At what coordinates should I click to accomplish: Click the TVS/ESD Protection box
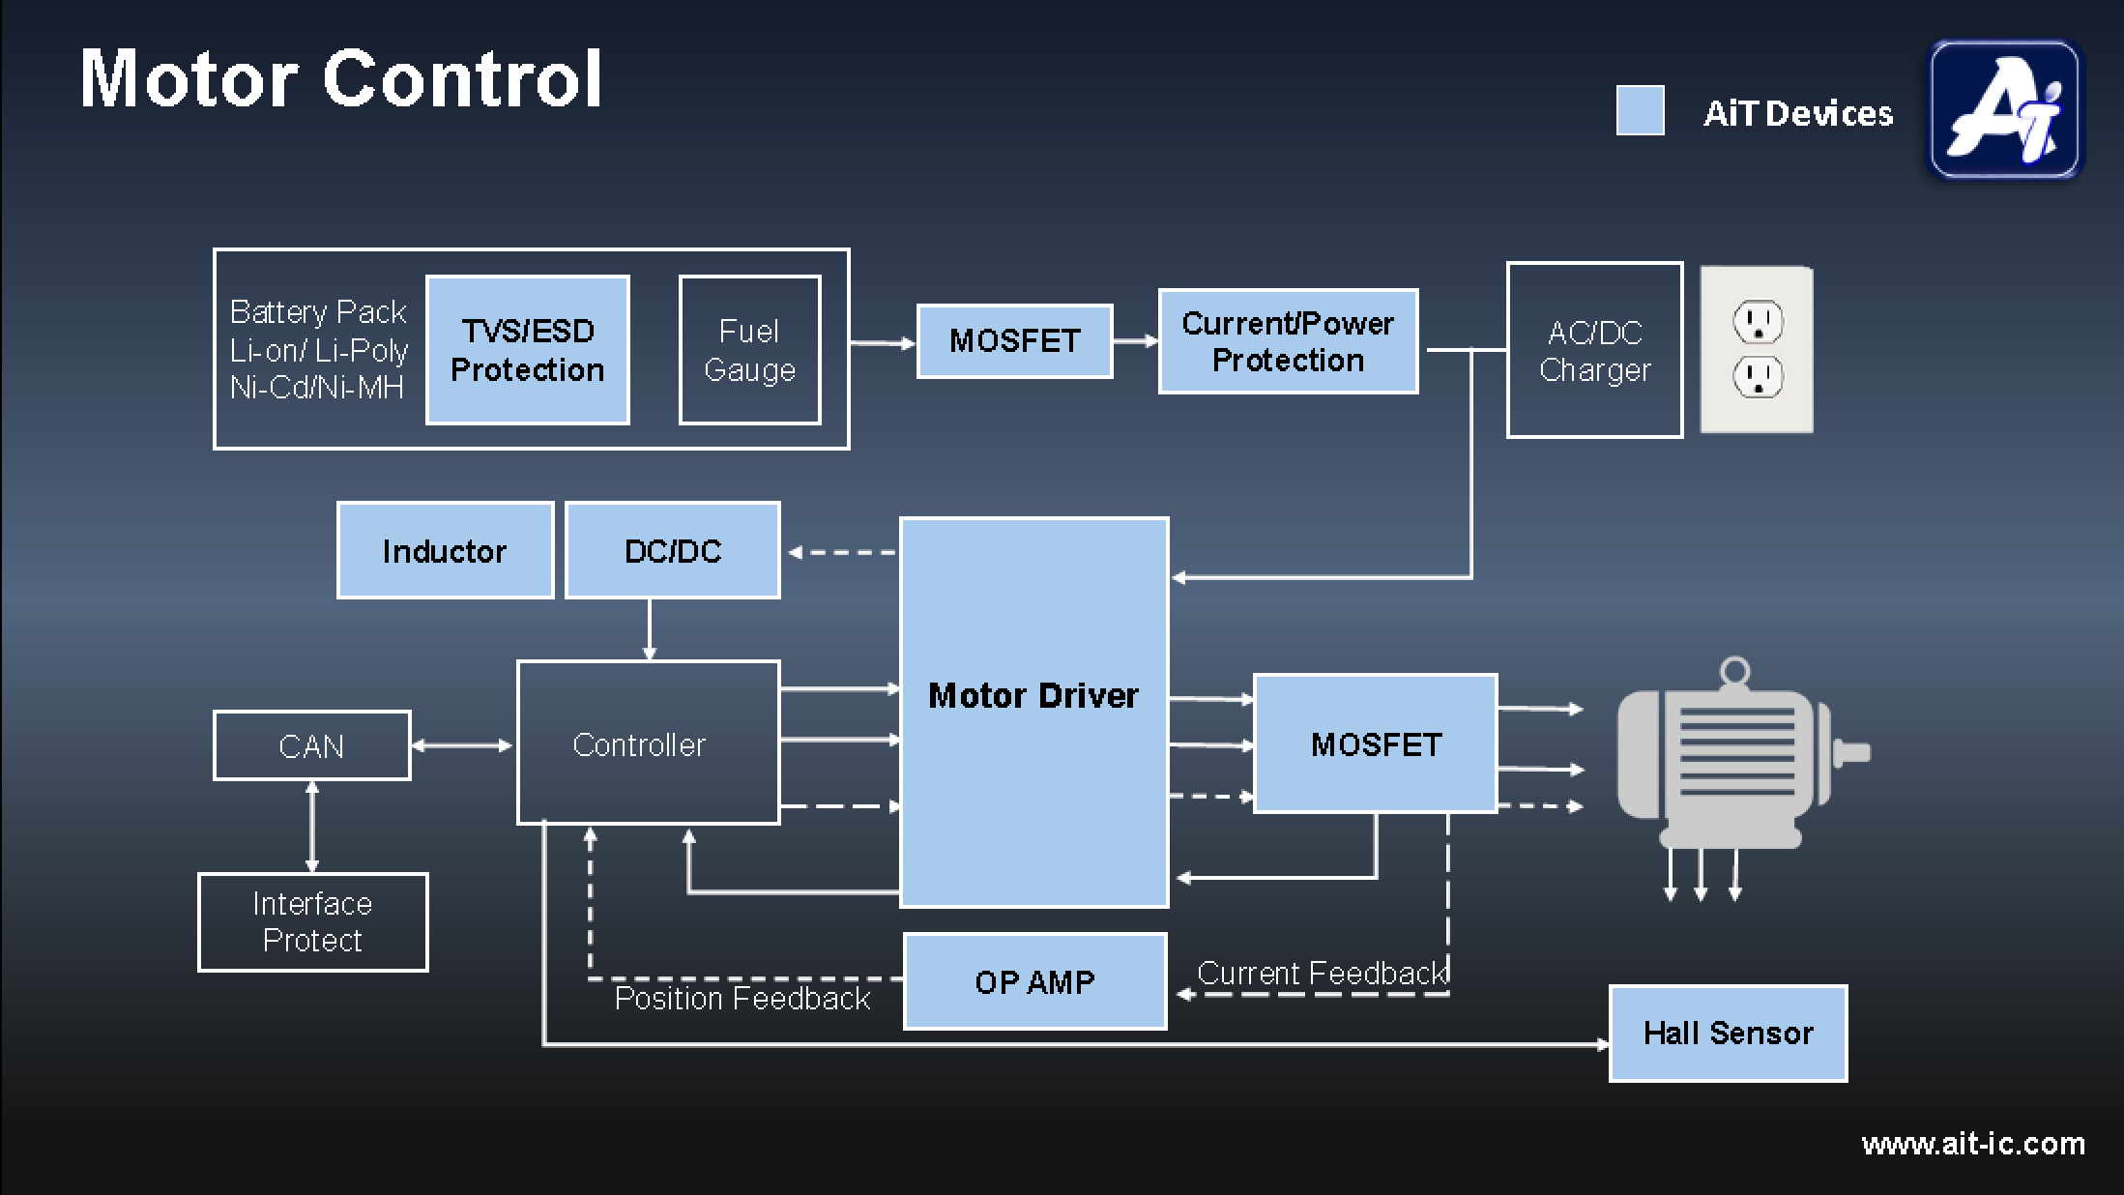[527, 350]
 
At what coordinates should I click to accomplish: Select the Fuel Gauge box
[749, 350]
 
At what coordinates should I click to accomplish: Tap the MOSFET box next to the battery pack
[1014, 341]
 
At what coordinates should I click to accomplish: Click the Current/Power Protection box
[1288, 341]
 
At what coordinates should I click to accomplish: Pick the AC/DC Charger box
[1594, 350]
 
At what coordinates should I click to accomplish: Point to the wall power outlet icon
[1757, 350]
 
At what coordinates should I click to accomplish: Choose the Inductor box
[445, 550]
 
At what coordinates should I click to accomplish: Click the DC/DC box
[672, 550]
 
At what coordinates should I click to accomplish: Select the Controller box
[648, 743]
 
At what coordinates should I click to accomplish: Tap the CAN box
[311, 745]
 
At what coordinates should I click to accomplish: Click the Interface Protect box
[312, 922]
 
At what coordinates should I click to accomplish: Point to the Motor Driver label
[1033, 696]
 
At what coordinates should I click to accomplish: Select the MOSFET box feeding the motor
[1375, 743]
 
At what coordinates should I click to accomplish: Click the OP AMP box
[1034, 981]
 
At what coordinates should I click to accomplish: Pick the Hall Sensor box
[1728, 1033]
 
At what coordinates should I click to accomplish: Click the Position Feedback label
[742, 999]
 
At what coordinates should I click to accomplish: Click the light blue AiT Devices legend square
[1640, 110]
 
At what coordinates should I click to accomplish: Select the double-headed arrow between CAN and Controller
[462, 745]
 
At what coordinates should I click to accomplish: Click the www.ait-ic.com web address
[1972, 1144]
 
